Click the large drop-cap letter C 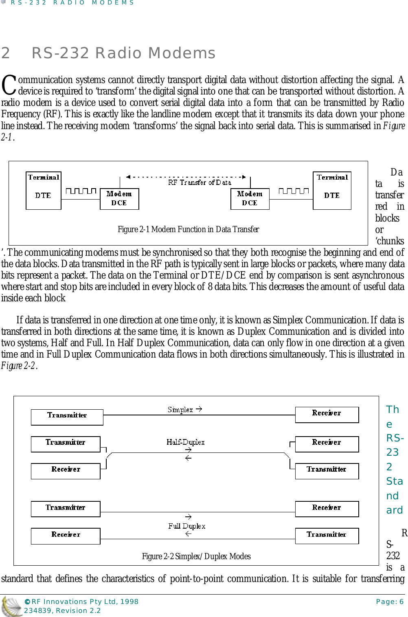[x=9, y=85]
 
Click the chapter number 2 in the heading [x=6, y=53]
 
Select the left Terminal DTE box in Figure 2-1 [x=44, y=191]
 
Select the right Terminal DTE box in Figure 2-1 [x=332, y=191]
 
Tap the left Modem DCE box [x=119, y=199]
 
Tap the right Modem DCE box [x=250, y=199]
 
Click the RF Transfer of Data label [x=200, y=182]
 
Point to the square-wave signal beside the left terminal [x=81, y=191]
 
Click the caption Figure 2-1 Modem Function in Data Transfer [x=188, y=229]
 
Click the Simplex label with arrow [x=184, y=409]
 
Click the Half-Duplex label [x=185, y=442]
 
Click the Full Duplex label [x=186, y=526]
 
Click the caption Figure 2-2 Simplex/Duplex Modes [x=196, y=556]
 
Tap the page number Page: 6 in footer [x=390, y=602]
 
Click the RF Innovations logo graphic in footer [x=11, y=606]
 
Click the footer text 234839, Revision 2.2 [x=62, y=610]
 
